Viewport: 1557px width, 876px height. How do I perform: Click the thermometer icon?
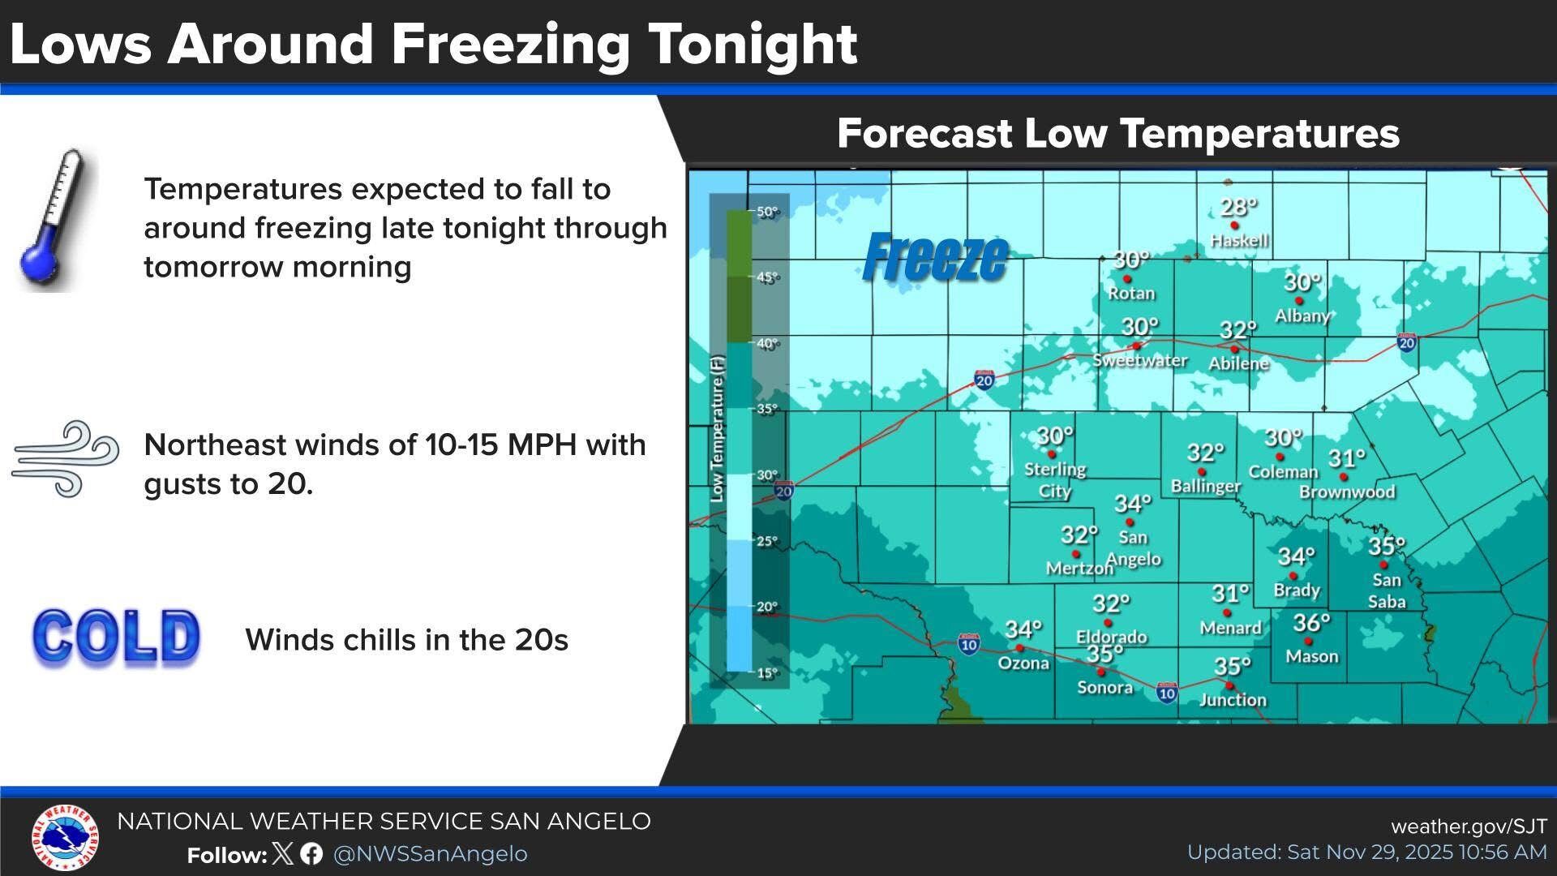(x=55, y=219)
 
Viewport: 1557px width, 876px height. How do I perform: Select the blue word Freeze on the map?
(x=935, y=258)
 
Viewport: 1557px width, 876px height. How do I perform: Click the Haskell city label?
(x=1238, y=241)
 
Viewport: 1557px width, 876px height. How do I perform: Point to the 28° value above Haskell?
(x=1238, y=208)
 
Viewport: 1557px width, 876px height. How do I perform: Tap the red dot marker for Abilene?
(x=1234, y=350)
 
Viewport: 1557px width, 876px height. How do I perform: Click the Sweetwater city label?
(x=1139, y=360)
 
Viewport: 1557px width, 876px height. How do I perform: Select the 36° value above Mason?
(x=1310, y=623)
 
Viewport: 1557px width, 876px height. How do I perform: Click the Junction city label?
(x=1232, y=700)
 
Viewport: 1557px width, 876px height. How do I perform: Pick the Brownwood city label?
(x=1347, y=492)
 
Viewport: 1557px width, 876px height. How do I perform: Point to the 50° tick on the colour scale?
(x=766, y=213)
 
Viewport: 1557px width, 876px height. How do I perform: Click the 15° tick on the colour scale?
(x=766, y=672)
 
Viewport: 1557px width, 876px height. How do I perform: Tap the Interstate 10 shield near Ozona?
(x=968, y=644)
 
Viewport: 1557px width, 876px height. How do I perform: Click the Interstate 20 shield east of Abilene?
(x=1407, y=342)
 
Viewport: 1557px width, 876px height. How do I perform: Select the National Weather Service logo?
(x=66, y=838)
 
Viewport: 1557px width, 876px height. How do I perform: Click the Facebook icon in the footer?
(x=311, y=854)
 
